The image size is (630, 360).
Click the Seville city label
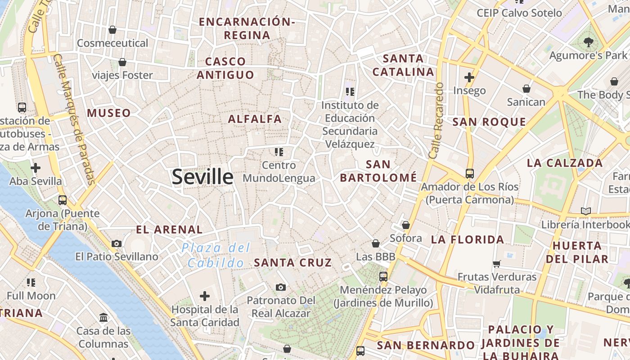pos(202,177)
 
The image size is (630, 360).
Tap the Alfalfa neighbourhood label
pos(255,119)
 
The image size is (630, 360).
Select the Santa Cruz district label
pos(293,262)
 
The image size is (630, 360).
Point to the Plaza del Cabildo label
pos(216,255)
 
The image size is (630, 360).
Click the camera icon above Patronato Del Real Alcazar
pos(281,287)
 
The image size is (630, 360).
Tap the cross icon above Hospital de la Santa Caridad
pos(205,296)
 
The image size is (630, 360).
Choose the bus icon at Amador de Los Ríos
pos(469,173)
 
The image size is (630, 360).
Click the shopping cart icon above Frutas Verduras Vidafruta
pos(497,264)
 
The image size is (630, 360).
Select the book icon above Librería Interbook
pos(585,211)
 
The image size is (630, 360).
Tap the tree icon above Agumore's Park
pos(588,42)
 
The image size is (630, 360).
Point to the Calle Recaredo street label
pos(436,121)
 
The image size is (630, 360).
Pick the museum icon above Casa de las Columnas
pos(103,317)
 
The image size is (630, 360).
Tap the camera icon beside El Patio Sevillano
pos(117,244)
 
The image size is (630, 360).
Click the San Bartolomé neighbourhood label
pos(378,171)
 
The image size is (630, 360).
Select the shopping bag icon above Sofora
pos(406,225)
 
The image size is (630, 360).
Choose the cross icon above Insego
pos(469,77)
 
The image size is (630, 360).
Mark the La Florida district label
pos(468,239)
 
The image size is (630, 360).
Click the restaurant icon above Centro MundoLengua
pos(279,152)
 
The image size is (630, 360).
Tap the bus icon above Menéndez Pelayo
pos(383,276)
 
